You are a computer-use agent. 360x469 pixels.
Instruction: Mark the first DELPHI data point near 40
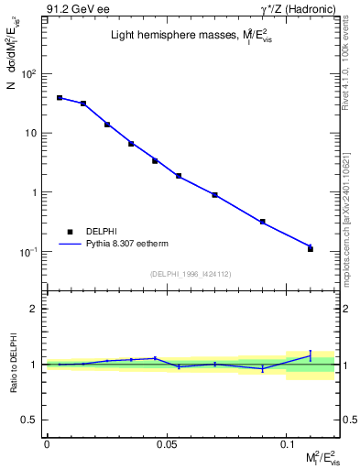coord(60,97)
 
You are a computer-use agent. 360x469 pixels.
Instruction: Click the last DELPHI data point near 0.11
coord(311,249)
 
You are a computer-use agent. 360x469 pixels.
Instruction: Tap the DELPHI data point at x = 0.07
coord(214,195)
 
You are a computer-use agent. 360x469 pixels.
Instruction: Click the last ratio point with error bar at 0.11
coord(311,355)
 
